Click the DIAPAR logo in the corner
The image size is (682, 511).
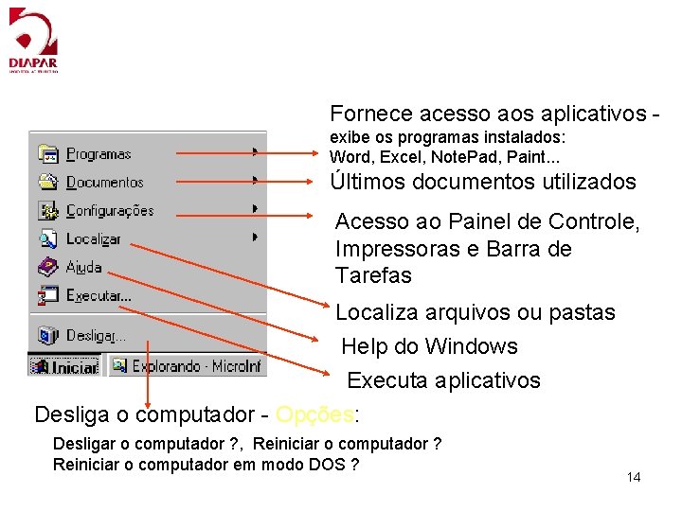coord(33,40)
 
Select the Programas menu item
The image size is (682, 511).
coord(99,154)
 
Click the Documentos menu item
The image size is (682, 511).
coord(104,183)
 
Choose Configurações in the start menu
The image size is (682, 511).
coord(109,210)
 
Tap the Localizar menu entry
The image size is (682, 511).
coord(93,239)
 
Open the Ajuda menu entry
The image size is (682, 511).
coord(83,267)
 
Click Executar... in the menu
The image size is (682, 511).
coord(99,296)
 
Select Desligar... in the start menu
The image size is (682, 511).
coord(95,335)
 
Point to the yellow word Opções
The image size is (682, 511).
coord(313,414)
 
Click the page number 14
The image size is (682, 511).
coord(634,477)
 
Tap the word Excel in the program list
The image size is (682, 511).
coord(392,156)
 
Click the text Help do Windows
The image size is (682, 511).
coord(429,346)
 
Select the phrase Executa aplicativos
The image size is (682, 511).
coord(443,380)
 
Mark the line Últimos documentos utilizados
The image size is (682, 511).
coord(483,182)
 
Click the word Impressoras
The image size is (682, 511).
coord(401,249)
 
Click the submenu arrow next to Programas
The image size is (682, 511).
coord(256,151)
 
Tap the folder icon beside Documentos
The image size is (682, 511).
coord(48,182)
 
